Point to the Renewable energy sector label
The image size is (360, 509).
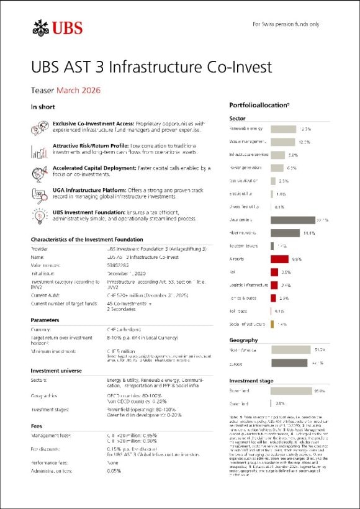[x=246, y=129]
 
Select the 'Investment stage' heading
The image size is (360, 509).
[x=251, y=381]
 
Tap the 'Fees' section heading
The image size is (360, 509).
[x=37, y=426]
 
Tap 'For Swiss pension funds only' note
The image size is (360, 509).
[x=286, y=24]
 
